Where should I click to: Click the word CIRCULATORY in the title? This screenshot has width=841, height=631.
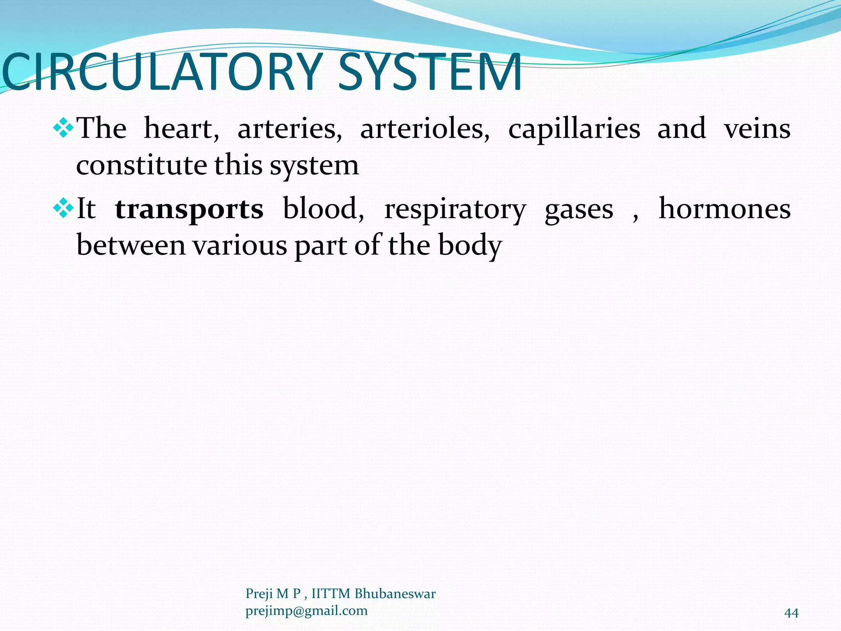pos(162,72)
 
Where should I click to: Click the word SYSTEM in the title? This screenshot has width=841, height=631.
pos(429,72)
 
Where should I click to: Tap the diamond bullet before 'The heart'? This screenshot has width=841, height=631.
pos(63,128)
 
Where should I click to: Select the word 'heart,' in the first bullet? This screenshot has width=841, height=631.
pos(182,129)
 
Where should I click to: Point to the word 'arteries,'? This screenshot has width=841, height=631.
pos(290,129)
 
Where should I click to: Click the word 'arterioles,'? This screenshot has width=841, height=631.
pos(425,129)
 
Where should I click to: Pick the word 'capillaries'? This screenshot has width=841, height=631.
pos(574,129)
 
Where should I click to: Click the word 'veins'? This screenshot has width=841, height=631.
pos(757,129)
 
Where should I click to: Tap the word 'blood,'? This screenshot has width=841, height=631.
pos(323,209)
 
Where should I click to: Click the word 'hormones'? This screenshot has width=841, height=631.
pos(724,209)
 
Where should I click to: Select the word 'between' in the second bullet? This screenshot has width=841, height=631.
pos(131,245)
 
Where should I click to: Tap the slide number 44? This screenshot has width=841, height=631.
pos(791,613)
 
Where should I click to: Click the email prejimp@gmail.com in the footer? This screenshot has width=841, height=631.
pos(306,611)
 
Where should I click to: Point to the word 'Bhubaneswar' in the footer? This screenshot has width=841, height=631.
pos(395,594)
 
